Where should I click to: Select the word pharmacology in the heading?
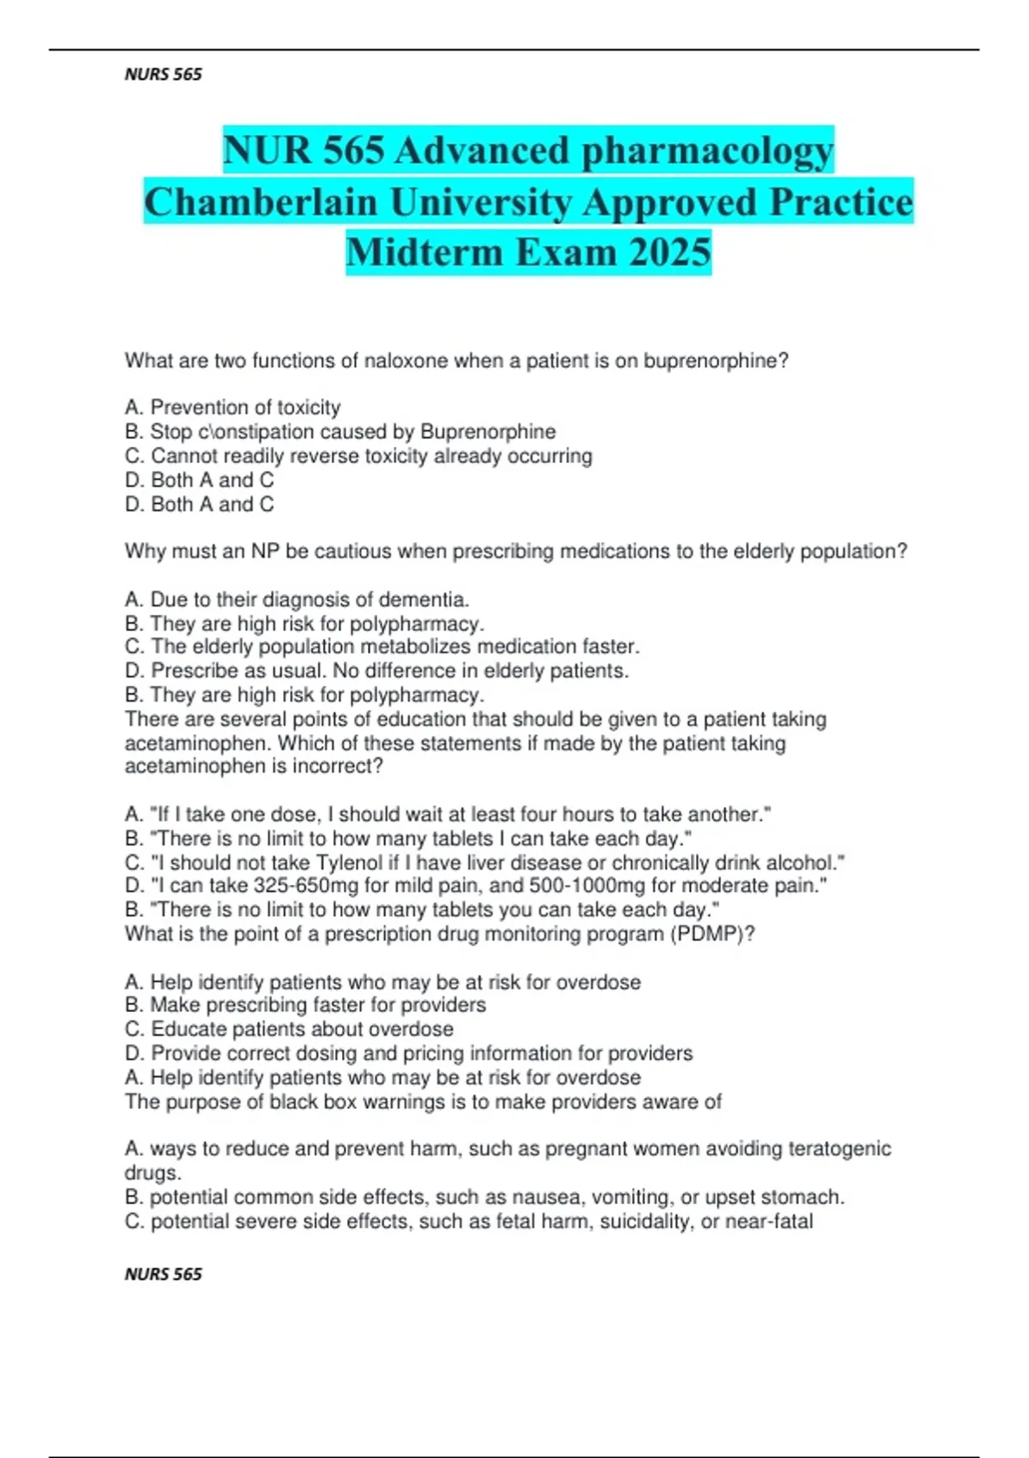(x=707, y=150)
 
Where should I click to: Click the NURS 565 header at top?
(x=163, y=75)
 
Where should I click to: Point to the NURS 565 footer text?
(x=163, y=1274)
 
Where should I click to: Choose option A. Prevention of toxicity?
(x=232, y=407)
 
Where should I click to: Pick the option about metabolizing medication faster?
(x=382, y=647)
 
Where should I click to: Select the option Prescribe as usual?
(x=376, y=671)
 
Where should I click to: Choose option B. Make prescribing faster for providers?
(x=305, y=1005)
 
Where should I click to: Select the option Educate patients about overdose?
(x=289, y=1029)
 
